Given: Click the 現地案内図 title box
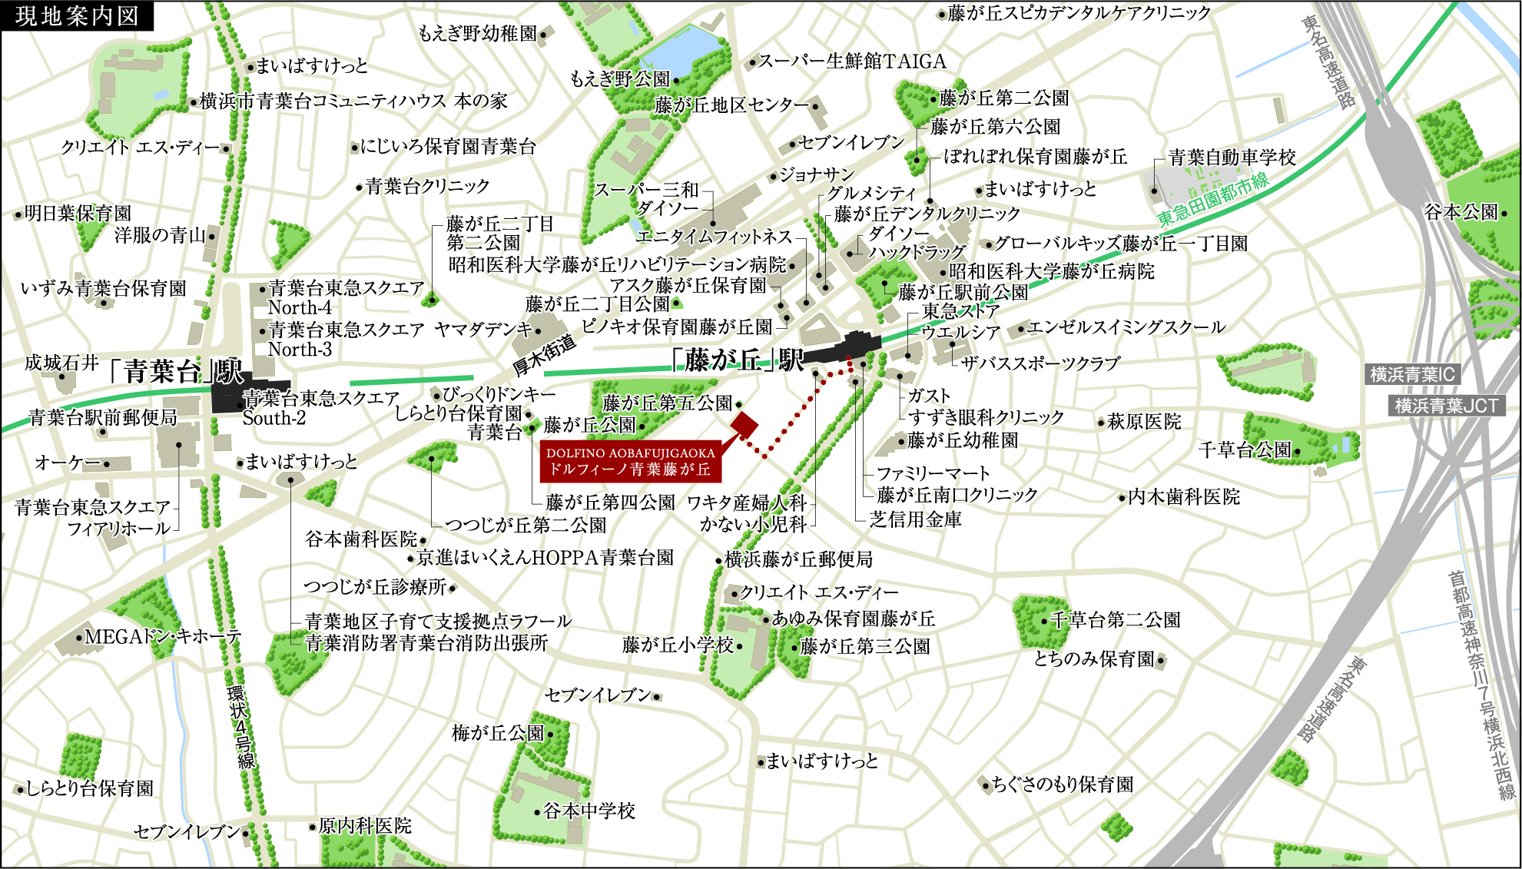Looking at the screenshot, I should [x=77, y=15].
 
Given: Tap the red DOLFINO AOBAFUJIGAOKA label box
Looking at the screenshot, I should [x=630, y=461].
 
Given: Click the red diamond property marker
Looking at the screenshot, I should [x=744, y=424].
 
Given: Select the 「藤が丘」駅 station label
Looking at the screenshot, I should [x=738, y=360].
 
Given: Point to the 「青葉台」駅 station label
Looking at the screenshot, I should [x=175, y=372].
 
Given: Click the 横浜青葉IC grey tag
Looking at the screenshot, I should [x=1412, y=375].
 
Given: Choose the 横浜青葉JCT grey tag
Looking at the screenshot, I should [x=1446, y=406].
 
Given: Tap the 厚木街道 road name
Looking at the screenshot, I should [x=544, y=356].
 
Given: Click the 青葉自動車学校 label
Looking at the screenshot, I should [x=1232, y=158].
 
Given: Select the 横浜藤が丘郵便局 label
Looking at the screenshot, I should [x=799, y=559].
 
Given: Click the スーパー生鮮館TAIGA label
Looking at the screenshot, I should [x=852, y=61].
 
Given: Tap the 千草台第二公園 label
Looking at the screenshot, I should [x=1115, y=620].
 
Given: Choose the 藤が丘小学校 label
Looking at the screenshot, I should [x=678, y=645].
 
